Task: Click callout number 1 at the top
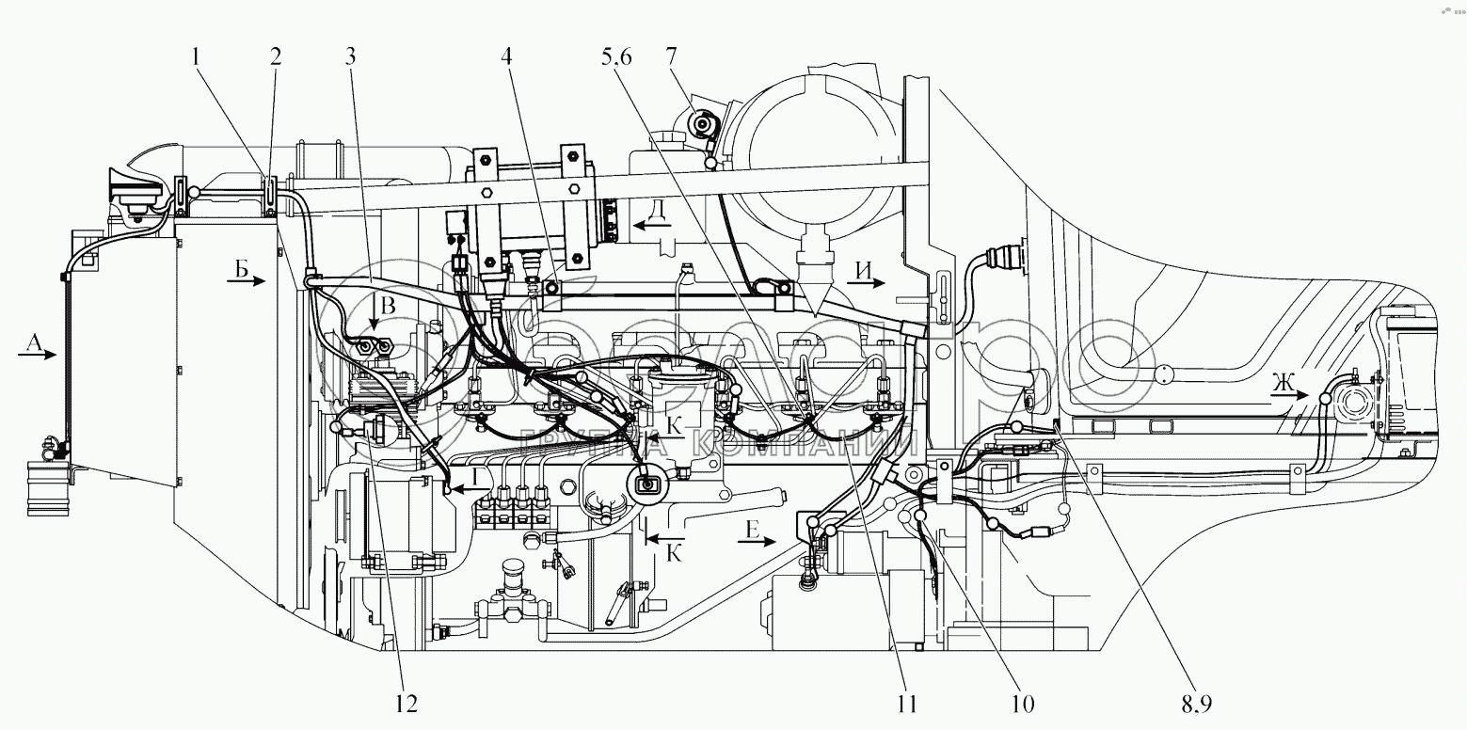coord(196,56)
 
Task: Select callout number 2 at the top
coord(275,56)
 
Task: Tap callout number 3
coord(351,56)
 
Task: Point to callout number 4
coord(507,56)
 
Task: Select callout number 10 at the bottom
coord(1023,703)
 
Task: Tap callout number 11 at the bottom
coord(907,703)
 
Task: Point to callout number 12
coord(407,703)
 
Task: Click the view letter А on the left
coord(32,344)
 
